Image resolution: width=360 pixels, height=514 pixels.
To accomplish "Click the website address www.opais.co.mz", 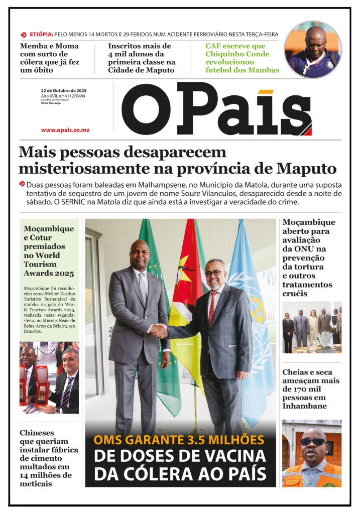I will tap(65, 130).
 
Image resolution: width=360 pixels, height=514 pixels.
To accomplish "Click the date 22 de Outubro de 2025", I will tap(63, 90).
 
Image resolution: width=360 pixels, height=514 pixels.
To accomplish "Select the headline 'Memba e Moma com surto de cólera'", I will tap(50, 58).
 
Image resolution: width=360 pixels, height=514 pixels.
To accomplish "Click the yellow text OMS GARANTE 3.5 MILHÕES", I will tap(179, 440).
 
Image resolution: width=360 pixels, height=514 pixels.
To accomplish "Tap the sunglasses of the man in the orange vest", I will tap(313, 442).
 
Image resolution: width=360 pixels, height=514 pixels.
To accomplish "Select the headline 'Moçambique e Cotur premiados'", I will tap(49, 251).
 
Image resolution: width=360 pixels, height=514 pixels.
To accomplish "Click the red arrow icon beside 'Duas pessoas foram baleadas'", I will tap(22, 184).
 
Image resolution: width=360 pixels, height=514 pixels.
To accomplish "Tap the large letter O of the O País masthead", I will tap(146, 109).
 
